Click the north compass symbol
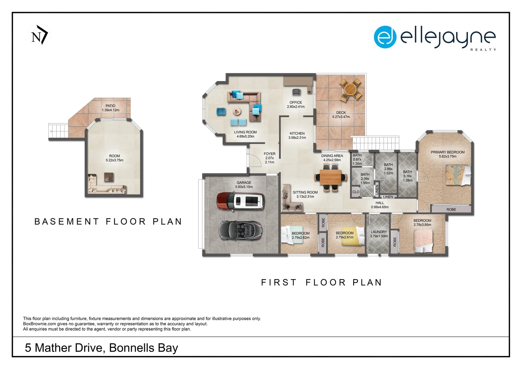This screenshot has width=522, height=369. [x=39, y=35]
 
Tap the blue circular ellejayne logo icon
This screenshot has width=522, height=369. [x=385, y=37]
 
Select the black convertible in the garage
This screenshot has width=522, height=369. [x=241, y=230]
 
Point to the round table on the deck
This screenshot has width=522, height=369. [x=350, y=89]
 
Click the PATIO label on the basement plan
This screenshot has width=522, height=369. [x=110, y=106]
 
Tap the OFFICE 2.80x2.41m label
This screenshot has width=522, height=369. [x=296, y=105]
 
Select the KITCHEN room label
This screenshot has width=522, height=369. [x=297, y=133]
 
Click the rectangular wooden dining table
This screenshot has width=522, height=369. [x=330, y=177]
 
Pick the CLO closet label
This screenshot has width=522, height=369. [x=356, y=192]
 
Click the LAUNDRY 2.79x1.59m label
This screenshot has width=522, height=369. [x=379, y=234]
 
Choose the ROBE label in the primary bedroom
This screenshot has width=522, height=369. [x=451, y=209]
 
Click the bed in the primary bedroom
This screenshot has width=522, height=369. [x=458, y=175]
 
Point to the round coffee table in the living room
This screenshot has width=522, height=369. [x=237, y=112]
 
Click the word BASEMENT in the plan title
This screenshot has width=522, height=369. [x=67, y=221]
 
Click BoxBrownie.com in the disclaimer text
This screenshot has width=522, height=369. [x=40, y=324]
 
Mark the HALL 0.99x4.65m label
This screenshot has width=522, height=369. [x=380, y=205]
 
